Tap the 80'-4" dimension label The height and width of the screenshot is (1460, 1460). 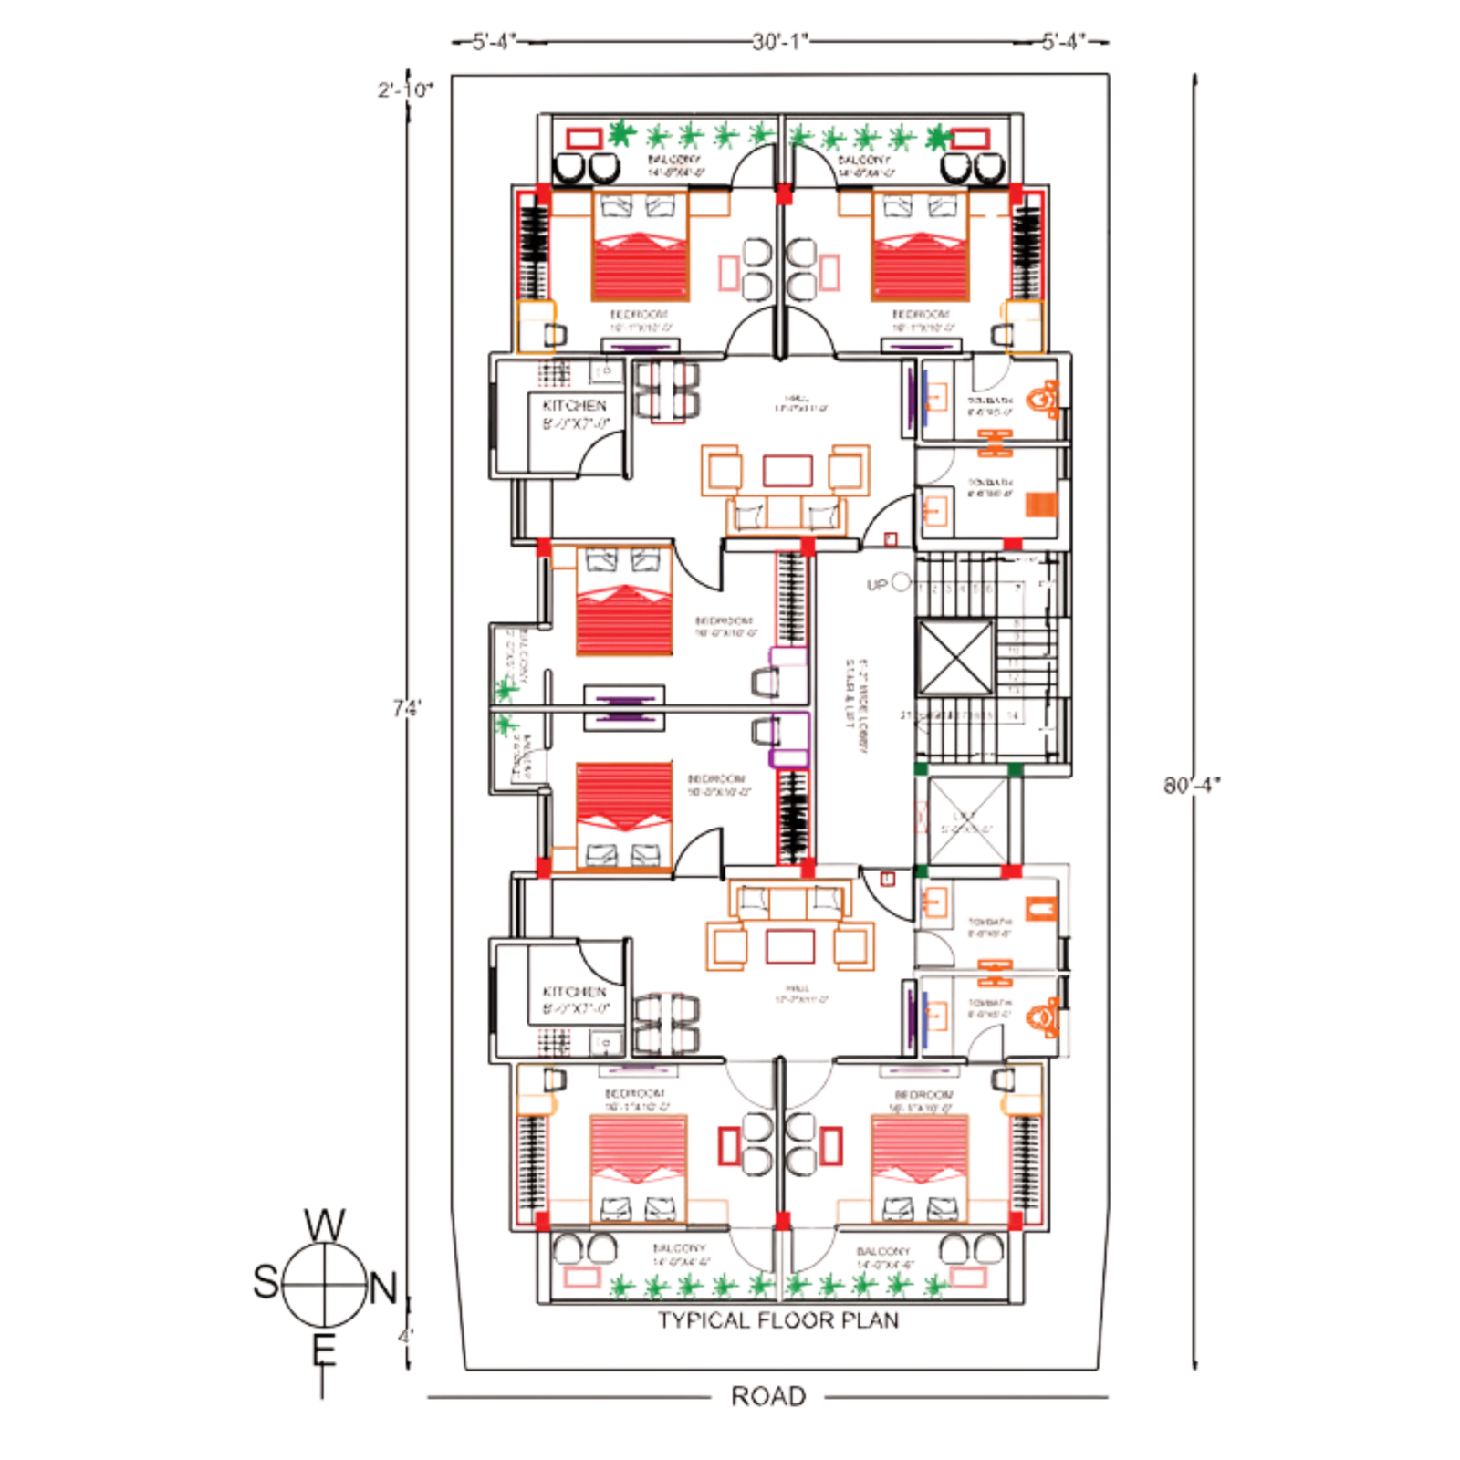[1191, 785]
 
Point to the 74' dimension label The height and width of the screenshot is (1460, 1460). [407, 707]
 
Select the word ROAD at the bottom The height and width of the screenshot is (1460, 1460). [768, 1396]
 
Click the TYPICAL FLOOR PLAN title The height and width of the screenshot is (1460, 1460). [778, 1320]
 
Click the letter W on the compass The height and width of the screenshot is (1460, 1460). [325, 1225]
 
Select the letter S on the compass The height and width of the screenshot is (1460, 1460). [266, 1282]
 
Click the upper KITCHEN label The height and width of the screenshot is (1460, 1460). [574, 405]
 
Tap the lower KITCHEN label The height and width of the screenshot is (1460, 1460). [574, 991]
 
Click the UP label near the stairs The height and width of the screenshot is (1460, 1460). [877, 585]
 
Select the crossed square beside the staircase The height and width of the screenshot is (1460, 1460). [954, 658]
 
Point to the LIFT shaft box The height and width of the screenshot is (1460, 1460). [967, 819]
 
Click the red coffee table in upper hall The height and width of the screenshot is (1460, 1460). [787, 470]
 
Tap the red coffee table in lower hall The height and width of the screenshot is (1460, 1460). [790, 946]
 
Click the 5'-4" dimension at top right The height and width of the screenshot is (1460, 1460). [1063, 42]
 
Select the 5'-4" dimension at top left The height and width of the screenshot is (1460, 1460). [494, 42]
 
